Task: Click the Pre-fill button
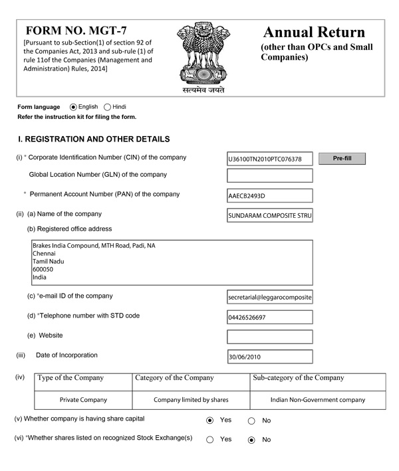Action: tap(342, 159)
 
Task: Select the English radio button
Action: tap(73, 107)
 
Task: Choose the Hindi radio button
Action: tap(108, 107)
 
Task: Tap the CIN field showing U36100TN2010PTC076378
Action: tap(269, 159)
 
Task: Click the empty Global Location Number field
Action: tap(269, 175)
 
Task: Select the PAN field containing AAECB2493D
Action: tap(269, 196)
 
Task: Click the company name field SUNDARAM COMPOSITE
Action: tap(269, 215)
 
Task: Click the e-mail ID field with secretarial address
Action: tap(269, 298)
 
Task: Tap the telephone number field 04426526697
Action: tap(269, 317)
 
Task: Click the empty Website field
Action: tap(269, 337)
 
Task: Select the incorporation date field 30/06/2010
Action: tap(269, 357)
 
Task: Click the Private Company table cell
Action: tap(83, 400)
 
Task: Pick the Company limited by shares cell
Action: tap(191, 400)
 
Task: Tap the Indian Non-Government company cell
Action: tap(318, 400)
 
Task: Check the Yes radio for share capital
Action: tap(210, 421)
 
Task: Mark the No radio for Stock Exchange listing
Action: tap(251, 440)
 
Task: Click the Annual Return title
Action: tap(314, 33)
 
